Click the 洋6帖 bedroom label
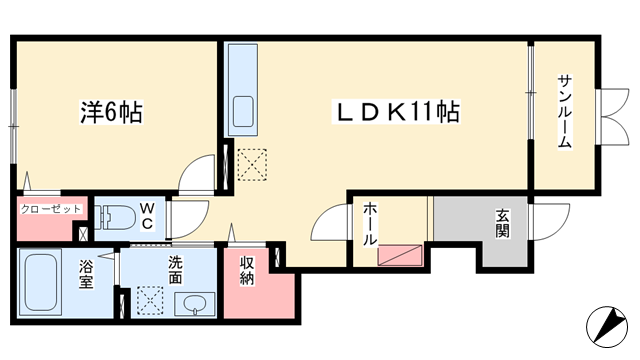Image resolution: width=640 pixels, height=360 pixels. (111, 112)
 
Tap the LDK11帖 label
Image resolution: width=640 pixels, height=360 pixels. (397, 112)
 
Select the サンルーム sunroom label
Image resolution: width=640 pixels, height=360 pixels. (564, 112)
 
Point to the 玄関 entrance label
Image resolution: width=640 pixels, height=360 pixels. (502, 223)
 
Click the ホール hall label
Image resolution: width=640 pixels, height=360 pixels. (370, 224)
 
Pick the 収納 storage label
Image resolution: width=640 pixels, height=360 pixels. (247, 270)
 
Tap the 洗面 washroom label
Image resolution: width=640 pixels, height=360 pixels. (176, 270)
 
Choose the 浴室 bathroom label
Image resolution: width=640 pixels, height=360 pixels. (86, 274)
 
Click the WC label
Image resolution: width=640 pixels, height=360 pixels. (147, 216)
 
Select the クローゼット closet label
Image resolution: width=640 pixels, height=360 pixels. (51, 209)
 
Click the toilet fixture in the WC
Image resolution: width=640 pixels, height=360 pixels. (115, 217)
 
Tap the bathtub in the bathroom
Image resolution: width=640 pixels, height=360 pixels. (40, 282)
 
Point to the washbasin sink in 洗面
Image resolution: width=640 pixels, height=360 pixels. (195, 304)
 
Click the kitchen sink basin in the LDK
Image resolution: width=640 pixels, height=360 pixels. (243, 111)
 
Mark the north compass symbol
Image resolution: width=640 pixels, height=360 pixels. (607, 327)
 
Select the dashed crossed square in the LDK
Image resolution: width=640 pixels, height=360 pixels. (252, 164)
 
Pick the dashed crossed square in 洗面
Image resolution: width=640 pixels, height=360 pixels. (150, 300)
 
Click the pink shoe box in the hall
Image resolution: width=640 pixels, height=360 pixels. (400, 256)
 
